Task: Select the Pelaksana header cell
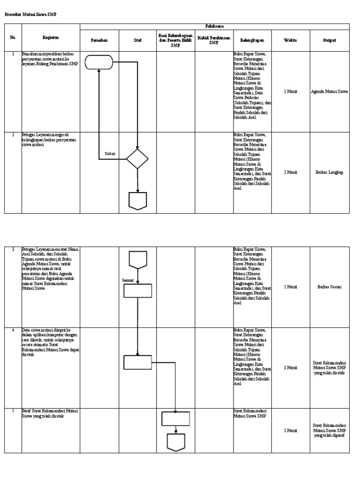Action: (214, 27)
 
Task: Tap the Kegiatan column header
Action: (51, 37)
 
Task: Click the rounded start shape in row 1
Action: (99, 62)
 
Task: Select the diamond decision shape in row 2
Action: (137, 159)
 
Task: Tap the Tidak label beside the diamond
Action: (110, 154)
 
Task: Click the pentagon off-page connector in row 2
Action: (138, 200)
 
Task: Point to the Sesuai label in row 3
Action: (128, 280)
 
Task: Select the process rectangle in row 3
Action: (138, 291)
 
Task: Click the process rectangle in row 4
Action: (138, 362)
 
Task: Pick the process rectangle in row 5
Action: (176, 418)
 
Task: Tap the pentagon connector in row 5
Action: (176, 442)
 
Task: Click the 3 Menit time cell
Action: (290, 368)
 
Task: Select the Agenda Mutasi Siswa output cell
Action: (330, 92)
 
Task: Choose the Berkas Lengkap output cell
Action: (330, 172)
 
